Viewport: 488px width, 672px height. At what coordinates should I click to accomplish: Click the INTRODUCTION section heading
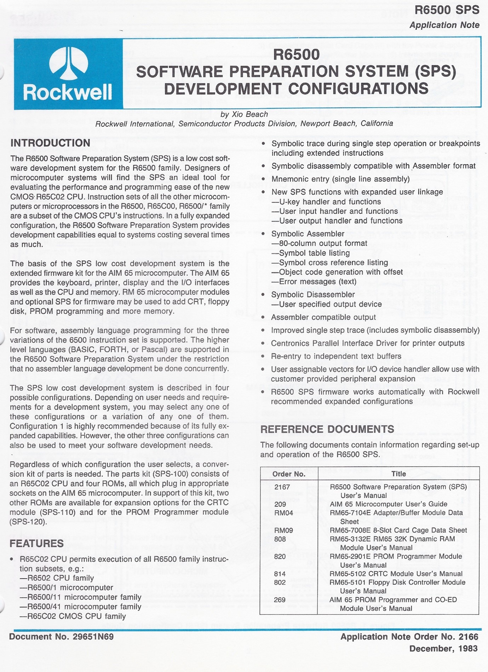coord(50,143)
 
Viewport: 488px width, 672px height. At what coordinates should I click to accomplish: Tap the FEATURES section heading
coord(37,543)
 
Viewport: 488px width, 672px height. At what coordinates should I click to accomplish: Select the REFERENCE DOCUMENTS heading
coord(327,429)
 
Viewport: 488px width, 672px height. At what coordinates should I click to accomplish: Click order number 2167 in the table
coord(282,487)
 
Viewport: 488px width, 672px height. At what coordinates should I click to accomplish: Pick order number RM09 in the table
coord(283,530)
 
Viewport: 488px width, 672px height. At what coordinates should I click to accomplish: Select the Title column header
coord(398,474)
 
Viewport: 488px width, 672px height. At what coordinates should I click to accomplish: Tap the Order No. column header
coord(289,474)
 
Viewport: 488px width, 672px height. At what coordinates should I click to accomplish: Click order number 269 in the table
coord(280,599)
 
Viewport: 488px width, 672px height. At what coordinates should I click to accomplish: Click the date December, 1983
coord(443,649)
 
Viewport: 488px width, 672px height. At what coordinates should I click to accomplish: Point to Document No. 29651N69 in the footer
coord(62,637)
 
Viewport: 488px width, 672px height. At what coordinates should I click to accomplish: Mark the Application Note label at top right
coord(444,25)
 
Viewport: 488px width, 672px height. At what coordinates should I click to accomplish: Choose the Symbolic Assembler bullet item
coord(308,234)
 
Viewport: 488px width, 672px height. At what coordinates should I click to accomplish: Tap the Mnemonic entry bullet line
coord(340,179)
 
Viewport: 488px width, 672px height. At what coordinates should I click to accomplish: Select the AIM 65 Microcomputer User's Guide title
coord(388,504)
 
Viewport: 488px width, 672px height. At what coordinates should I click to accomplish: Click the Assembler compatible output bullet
coord(323,317)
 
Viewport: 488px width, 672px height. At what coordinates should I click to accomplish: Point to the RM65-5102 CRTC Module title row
coord(396,574)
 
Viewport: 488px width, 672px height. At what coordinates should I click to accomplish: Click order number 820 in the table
coord(280,556)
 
